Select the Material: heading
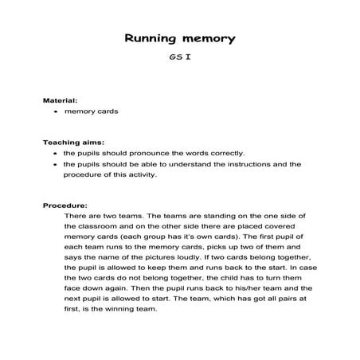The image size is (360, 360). (x=60, y=101)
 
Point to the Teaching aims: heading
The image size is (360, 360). (x=72, y=143)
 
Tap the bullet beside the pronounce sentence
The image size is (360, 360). (x=55, y=154)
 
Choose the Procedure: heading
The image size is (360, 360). (x=65, y=205)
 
